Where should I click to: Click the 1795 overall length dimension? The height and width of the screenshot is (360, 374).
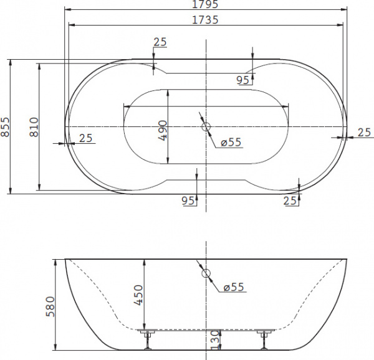[205, 4]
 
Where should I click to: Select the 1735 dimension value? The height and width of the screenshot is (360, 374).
[205, 19]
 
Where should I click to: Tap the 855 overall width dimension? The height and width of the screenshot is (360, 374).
[6, 127]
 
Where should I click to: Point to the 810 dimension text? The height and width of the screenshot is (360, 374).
[34, 127]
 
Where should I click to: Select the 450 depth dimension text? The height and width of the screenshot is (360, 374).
[138, 294]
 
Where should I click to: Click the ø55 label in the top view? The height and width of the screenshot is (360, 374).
[231, 143]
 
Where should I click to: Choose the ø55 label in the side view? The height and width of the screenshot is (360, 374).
[233, 287]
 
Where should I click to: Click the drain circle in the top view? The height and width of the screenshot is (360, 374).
[206, 127]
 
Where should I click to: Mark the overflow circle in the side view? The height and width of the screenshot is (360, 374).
[206, 273]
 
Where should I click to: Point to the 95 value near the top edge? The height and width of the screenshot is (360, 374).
[244, 79]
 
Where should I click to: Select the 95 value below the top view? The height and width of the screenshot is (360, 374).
[188, 200]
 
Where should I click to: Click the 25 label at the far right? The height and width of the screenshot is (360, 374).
[365, 131]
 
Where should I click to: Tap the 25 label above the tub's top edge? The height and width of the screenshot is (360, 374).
[160, 42]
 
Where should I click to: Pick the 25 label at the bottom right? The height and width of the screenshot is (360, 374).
[289, 200]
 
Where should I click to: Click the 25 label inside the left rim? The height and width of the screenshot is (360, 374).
[87, 138]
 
